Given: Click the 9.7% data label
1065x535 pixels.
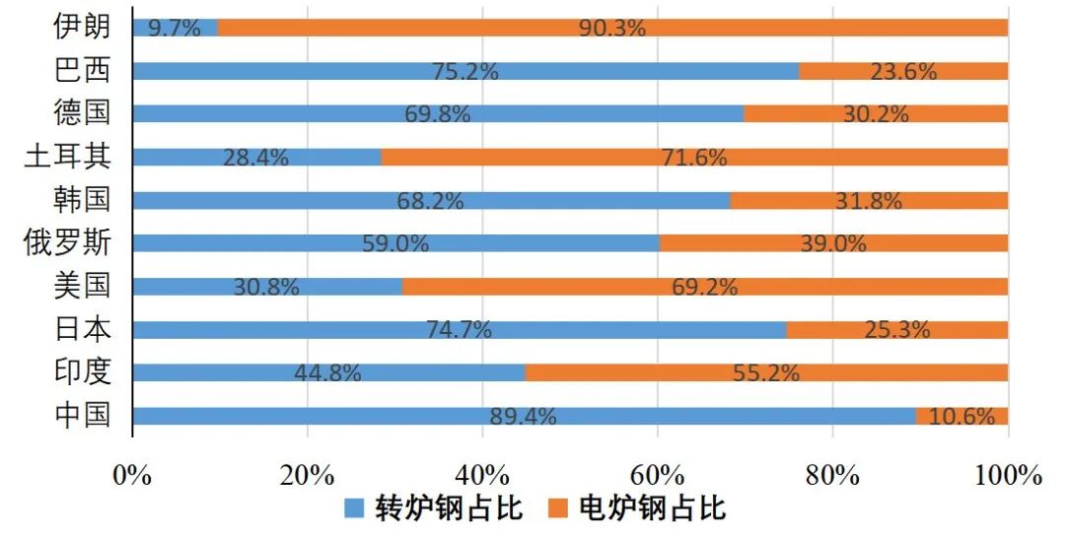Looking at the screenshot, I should [175, 28].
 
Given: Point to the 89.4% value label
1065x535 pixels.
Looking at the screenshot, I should [523, 416].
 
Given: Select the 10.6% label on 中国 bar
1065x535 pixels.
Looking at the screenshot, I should [961, 416].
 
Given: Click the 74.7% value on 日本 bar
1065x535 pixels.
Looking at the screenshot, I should [459, 330].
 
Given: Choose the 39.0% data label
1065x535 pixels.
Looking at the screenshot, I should [833, 243].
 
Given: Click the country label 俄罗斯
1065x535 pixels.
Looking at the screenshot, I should [67, 243].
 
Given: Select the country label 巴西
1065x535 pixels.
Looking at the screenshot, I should [82, 71].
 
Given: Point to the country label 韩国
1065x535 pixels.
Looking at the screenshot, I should [82, 200].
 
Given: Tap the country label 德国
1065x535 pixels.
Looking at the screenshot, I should [82, 113].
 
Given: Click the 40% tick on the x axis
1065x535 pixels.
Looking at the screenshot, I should [482, 475].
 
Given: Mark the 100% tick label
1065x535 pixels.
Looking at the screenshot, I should [1008, 475].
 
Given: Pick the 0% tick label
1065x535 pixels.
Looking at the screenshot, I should [132, 475].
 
